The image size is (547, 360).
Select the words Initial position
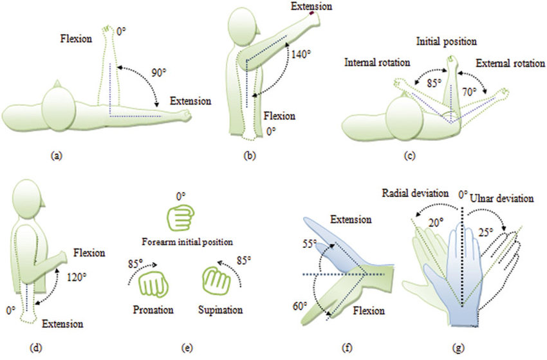(x=446, y=42)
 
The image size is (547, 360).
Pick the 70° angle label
(x=470, y=92)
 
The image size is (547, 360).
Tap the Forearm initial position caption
(x=184, y=242)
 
